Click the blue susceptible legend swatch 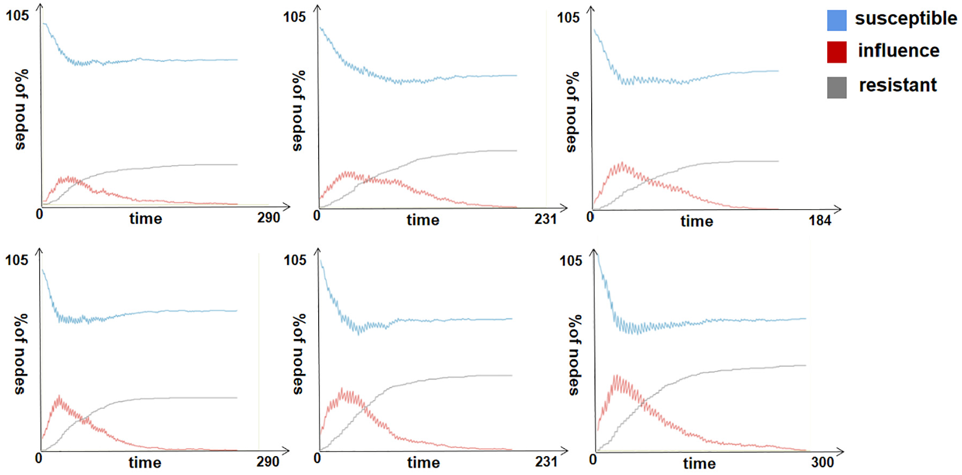click(x=836, y=20)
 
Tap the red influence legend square click(x=836, y=52)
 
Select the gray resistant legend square click(x=836, y=87)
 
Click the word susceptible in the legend click(x=906, y=19)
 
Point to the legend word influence click(x=899, y=51)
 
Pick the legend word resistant click(x=898, y=85)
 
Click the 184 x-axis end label click(x=820, y=220)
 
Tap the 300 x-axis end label click(x=822, y=462)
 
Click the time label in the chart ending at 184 click(x=697, y=221)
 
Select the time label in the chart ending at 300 click(x=699, y=463)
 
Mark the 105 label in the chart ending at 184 click(x=568, y=18)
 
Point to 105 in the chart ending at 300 click(x=570, y=261)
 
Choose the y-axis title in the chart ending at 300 click(x=575, y=355)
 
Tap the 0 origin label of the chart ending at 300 click(x=593, y=459)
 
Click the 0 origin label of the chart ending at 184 click(x=590, y=216)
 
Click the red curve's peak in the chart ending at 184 click(x=622, y=164)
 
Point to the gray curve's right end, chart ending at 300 click(x=806, y=366)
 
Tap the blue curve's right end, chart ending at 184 click(x=778, y=71)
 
